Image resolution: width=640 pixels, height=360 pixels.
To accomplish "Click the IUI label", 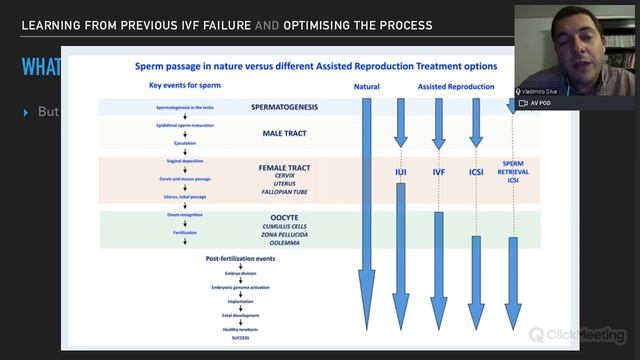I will point(400,172).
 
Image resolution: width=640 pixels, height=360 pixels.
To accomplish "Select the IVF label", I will point(438,172).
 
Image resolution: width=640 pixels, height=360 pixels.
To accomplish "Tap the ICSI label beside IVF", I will point(477,172).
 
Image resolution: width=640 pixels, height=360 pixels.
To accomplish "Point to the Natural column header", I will point(366,87).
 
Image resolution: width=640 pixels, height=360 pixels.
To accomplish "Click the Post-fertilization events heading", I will point(240,258).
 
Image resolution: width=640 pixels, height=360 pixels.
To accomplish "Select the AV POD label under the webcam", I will point(540,103).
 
